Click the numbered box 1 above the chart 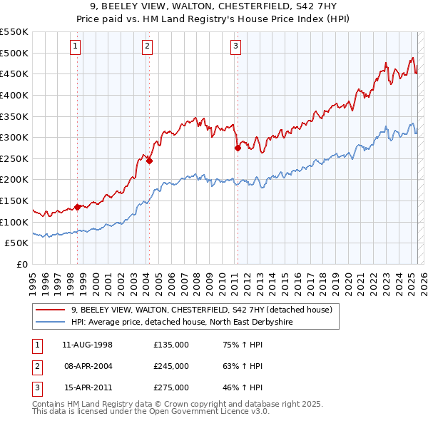[x=76, y=47]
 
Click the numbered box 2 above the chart [x=147, y=47]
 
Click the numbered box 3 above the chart [x=235, y=47]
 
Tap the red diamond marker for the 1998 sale [x=77, y=208]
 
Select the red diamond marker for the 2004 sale [x=149, y=161]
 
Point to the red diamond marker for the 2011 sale [x=238, y=148]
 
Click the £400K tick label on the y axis [x=14, y=95]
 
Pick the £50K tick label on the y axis [x=17, y=243]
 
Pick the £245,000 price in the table [x=171, y=367]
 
